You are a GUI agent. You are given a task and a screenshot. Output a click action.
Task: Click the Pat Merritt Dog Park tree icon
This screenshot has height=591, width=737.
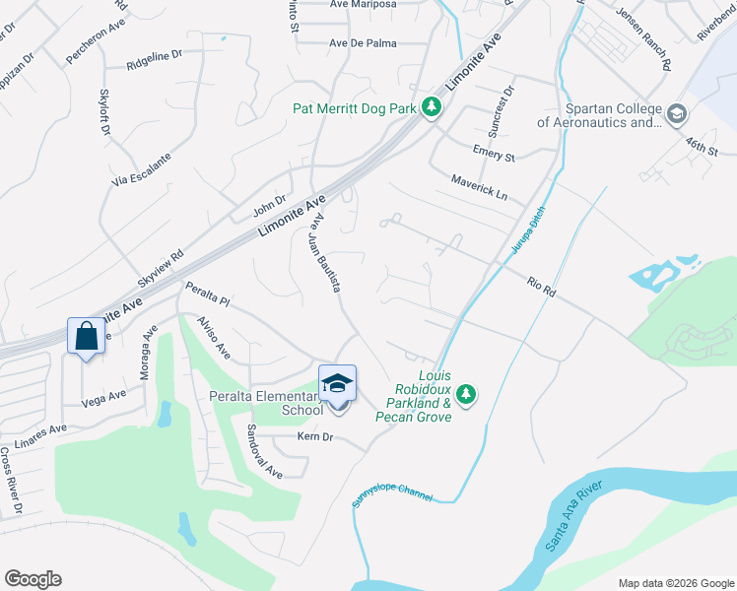(431, 107)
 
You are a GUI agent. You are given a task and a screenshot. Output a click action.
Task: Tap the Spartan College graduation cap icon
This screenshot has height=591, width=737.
(677, 114)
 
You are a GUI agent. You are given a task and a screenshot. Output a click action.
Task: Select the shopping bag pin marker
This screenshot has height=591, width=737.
(86, 337)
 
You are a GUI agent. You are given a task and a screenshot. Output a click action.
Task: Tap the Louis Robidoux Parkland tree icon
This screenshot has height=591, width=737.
(466, 395)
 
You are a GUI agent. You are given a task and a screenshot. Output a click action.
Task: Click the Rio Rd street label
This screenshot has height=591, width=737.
(542, 288)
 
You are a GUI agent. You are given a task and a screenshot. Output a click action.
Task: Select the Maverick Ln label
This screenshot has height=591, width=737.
(480, 187)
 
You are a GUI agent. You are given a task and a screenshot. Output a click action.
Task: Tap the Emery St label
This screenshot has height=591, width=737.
(494, 156)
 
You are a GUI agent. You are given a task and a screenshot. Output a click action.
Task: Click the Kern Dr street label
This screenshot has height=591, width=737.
(315, 436)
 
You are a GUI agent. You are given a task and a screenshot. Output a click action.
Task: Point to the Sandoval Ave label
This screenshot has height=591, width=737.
(264, 451)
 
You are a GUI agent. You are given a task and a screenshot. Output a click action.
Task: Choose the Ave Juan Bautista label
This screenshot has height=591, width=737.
(324, 254)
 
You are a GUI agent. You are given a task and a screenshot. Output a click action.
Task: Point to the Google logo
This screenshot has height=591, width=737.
(33, 579)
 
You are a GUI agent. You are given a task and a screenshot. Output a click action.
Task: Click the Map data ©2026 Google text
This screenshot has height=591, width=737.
(675, 582)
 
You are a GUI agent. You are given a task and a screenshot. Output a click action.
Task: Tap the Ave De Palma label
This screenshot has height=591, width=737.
(363, 42)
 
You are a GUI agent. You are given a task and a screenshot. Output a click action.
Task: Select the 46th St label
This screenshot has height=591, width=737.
(703, 147)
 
